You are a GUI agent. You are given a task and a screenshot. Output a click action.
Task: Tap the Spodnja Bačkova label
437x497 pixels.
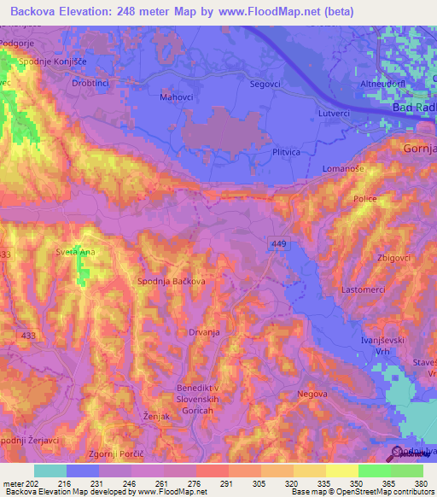point(171,280)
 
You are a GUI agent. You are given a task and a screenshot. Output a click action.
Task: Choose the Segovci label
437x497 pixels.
point(266,84)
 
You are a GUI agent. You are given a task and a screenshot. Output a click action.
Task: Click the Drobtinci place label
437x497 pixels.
point(93,85)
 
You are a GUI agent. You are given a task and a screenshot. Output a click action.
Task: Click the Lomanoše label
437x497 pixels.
point(343,169)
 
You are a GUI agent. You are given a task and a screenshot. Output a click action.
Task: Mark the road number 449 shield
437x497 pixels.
point(279,243)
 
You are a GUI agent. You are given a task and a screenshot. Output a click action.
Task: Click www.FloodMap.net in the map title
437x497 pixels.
point(282,12)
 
